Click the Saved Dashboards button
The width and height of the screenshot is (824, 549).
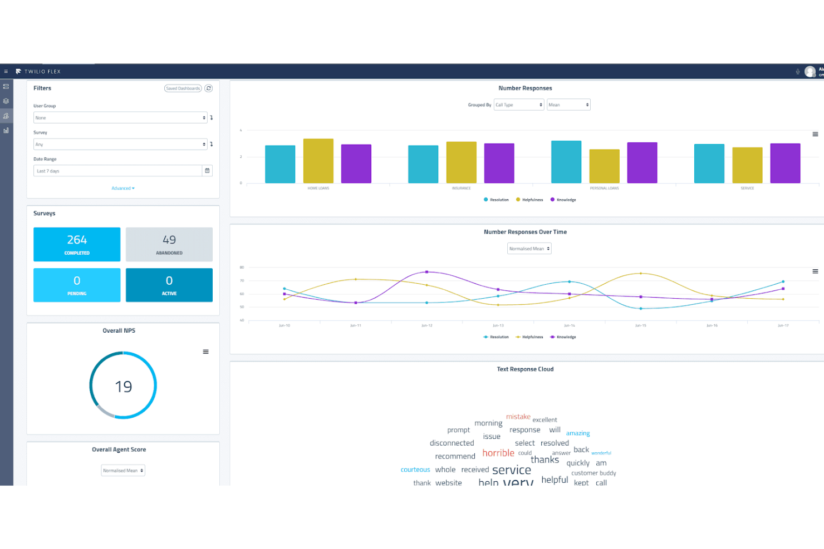(x=183, y=88)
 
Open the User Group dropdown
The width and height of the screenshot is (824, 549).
(x=120, y=118)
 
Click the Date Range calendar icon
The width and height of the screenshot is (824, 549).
(x=207, y=171)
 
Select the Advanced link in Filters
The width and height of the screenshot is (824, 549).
(x=122, y=189)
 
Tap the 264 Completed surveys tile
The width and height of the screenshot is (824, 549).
(x=77, y=244)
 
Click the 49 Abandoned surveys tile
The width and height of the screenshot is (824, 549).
(x=169, y=244)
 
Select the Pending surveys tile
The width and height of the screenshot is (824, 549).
(x=77, y=285)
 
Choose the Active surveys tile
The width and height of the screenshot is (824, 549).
(x=169, y=285)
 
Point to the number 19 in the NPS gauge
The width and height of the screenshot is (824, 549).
(x=123, y=387)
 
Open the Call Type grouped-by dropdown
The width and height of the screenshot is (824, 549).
(x=518, y=105)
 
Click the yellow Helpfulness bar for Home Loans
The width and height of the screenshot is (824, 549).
(x=318, y=161)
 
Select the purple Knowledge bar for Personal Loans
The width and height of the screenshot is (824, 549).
(x=642, y=162)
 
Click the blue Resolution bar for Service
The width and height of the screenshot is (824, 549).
(x=709, y=164)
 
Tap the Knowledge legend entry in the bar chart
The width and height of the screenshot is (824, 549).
(x=563, y=200)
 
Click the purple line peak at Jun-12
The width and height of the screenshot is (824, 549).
(x=426, y=272)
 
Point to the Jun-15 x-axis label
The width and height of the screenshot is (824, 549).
(x=640, y=325)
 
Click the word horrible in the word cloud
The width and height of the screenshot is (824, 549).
(x=498, y=453)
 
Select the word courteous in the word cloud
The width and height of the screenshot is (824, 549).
(x=415, y=470)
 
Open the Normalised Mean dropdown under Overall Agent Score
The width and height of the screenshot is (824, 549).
(x=123, y=471)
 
